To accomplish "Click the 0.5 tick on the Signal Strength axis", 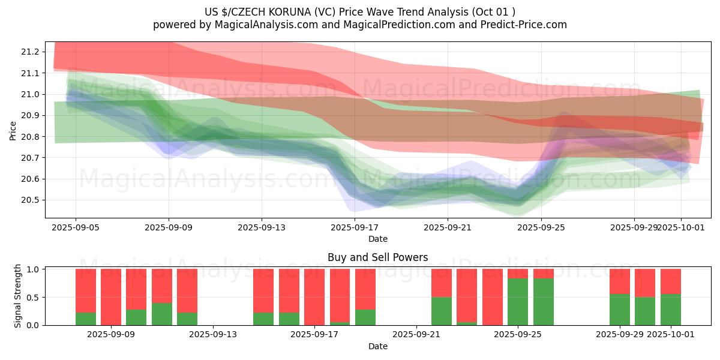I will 33,298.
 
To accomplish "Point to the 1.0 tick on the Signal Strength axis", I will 33,269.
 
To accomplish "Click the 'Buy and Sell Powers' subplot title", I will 377,257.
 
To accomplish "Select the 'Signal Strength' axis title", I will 18,296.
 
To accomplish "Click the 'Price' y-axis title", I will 13,130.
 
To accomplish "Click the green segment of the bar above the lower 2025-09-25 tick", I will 518,302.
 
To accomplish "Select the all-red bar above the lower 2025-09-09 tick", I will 111,297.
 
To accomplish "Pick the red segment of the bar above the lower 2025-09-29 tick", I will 620,281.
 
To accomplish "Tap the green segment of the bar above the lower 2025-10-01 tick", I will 671,310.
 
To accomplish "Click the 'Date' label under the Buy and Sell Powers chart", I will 377,346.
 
